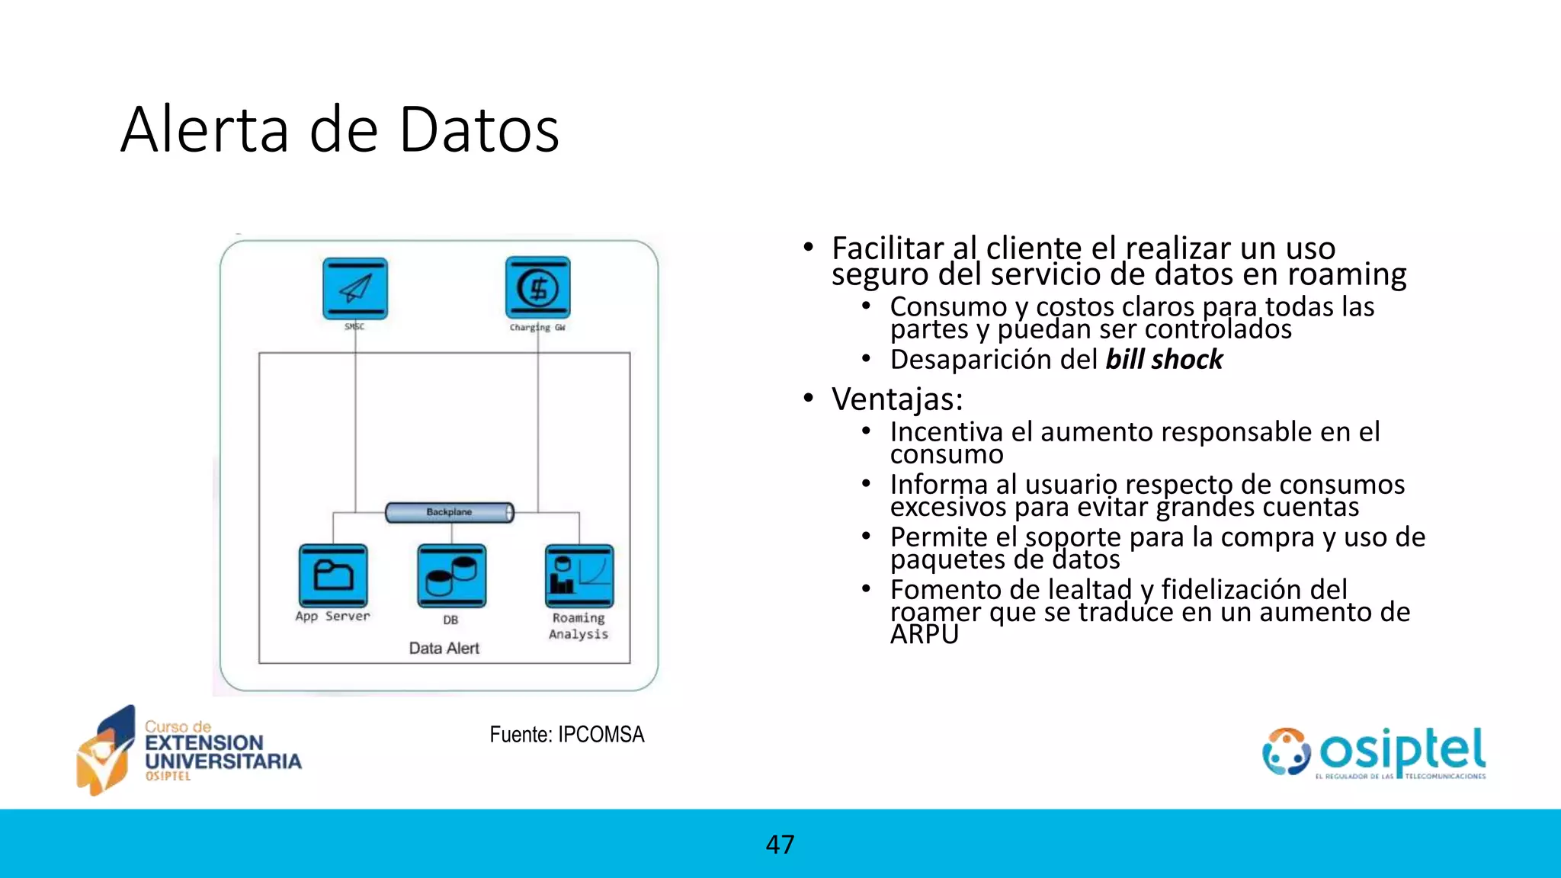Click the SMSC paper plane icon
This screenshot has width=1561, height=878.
point(355,288)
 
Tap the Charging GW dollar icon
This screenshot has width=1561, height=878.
point(538,288)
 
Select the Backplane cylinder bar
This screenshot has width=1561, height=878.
point(450,512)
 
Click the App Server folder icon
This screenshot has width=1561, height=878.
point(333,575)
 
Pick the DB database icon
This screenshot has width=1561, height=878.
point(451,576)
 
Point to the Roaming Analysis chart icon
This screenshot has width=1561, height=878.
point(579,576)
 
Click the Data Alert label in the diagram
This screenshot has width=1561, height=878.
point(444,648)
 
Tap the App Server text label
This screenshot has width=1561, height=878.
point(332,616)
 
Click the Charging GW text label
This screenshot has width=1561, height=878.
point(537,327)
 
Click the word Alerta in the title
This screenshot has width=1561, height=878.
point(204,130)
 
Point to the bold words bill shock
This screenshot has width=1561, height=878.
point(1164,359)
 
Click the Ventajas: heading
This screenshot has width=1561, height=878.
point(897,399)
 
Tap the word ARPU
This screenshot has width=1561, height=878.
point(924,634)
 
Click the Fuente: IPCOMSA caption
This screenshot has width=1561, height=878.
point(566,734)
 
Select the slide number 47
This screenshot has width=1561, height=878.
point(780,844)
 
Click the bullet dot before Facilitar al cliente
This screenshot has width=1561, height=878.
point(809,248)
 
